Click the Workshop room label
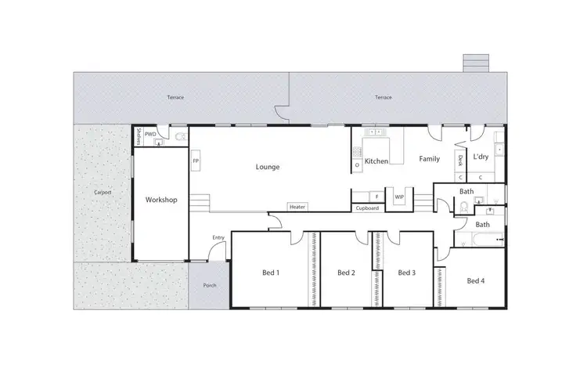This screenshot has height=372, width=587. pos(161,200)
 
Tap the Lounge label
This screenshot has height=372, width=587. pos(268,167)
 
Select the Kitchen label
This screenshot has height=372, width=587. pos(376,161)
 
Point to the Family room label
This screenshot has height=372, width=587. pos(429,159)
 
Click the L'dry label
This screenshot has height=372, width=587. pos(481,157)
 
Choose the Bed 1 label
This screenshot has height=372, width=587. pos(271,273)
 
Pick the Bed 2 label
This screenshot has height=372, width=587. pos(347,273)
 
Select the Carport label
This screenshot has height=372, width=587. pos(103,192)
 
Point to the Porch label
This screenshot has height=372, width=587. pos(209,286)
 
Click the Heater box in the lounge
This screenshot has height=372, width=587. pos(297,207)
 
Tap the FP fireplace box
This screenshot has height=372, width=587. pos(195,161)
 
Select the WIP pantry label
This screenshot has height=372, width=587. pos(399,197)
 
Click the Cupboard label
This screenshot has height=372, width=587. pos(367,208)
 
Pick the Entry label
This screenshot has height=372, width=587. pos(218,238)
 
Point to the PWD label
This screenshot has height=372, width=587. pos(151,133)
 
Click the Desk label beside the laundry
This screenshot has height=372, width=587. pos(461,161)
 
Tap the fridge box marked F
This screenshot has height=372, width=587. pos(376,197)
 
